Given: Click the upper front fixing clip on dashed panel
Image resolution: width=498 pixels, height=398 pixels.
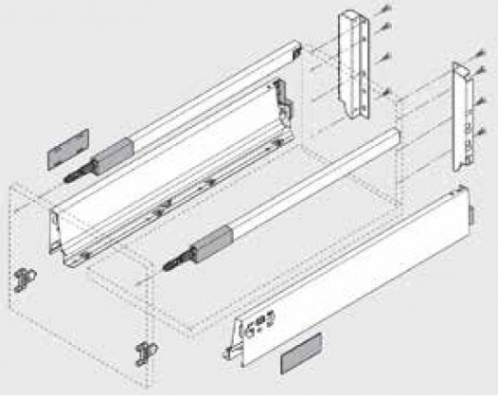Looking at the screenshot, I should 22,280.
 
